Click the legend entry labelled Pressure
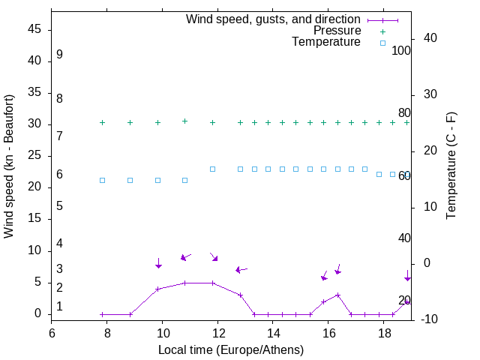point(337,31)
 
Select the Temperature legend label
point(326,43)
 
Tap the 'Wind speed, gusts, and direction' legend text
point(273,19)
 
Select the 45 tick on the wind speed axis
point(34,29)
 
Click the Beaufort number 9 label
point(59,55)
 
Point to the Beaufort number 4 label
point(59,244)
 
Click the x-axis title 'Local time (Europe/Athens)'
point(231,349)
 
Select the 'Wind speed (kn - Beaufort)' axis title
point(9,166)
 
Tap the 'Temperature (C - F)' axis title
point(451,166)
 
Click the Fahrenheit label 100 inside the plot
point(401,51)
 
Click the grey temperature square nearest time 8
point(103,181)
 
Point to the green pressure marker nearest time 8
point(103,122)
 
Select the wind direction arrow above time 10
point(158,263)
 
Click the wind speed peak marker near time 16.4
point(337,295)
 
